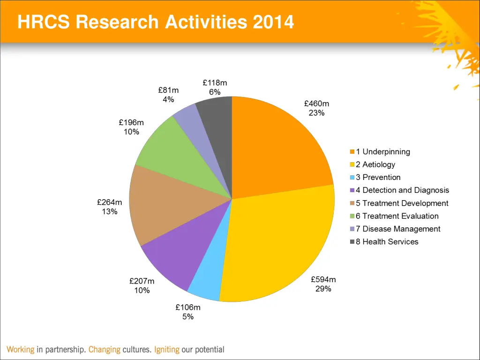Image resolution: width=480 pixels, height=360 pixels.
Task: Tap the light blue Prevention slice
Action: (x=206, y=281)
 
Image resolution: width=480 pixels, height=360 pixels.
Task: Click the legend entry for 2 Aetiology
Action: (x=375, y=165)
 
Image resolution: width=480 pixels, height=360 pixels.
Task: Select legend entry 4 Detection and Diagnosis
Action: (x=402, y=190)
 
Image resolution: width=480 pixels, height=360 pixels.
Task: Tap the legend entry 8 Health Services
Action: (x=387, y=242)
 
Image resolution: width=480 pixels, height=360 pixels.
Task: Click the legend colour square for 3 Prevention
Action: (x=352, y=178)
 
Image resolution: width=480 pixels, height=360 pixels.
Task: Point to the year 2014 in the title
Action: (x=273, y=22)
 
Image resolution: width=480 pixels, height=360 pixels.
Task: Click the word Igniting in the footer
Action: (x=167, y=350)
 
